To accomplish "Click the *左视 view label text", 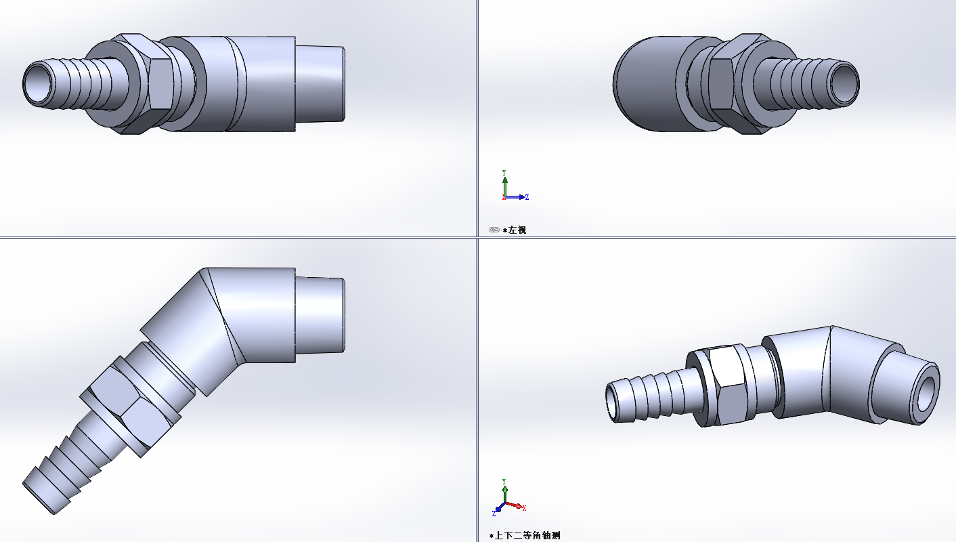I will [517, 230].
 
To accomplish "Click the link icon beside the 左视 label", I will [494, 230].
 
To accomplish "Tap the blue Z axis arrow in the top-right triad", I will [521, 197].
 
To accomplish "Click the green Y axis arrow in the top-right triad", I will [504, 182].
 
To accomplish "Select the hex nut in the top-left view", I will [160, 83].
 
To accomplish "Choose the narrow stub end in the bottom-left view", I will [321, 315].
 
